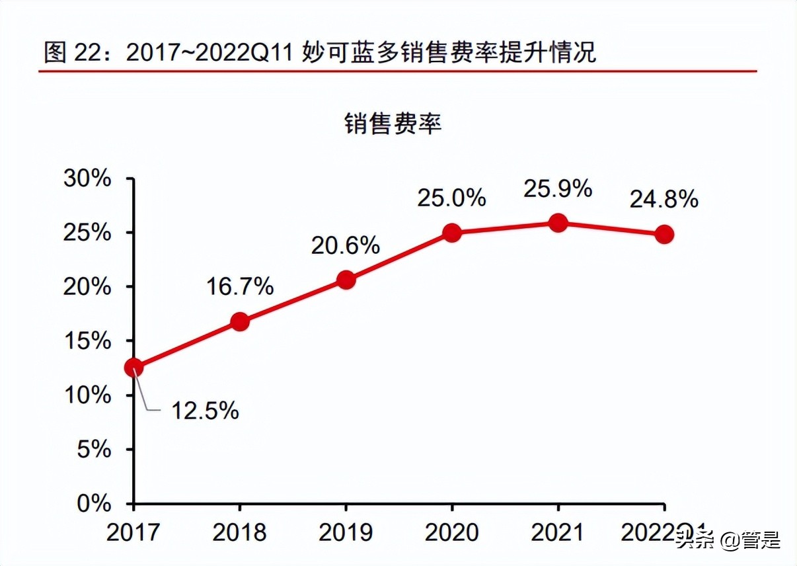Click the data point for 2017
[133, 368]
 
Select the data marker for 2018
[240, 322]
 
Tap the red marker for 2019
[346, 280]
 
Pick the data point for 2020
[452, 233]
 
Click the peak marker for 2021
[558, 223]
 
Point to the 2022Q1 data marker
[664, 234]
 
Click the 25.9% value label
[558, 189]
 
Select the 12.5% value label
[205, 411]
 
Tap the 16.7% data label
[239, 286]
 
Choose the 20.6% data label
[346, 245]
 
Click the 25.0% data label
[451, 198]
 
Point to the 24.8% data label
[664, 199]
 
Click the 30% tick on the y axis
[87, 179]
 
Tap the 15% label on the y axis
[87, 341]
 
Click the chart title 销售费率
[393, 124]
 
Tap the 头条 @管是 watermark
[728, 540]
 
